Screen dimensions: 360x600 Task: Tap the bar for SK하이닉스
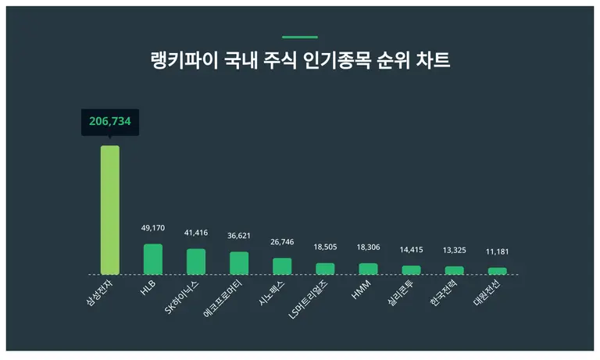[196, 262]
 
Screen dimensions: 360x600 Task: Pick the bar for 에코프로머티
[239, 263]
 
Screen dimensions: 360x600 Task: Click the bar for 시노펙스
[282, 266]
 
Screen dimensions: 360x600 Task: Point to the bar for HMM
[368, 269]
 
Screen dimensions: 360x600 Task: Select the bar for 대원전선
[497, 271]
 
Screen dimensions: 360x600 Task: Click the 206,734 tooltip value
[110, 122]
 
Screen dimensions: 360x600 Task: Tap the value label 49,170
[153, 228]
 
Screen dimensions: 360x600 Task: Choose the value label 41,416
[196, 233]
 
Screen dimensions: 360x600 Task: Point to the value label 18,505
[325, 246]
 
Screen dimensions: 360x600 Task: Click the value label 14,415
[411, 249]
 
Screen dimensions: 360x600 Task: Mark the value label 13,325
[454, 250]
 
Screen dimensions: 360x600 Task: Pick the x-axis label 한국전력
[445, 293]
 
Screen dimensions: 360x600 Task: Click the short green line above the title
[300, 37]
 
